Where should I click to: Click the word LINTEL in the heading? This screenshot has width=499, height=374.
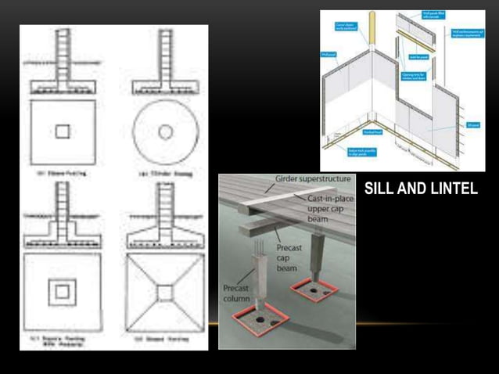[452, 189]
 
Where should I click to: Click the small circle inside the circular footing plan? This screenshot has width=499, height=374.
[165, 132]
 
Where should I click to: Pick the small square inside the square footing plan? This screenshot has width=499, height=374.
[63, 131]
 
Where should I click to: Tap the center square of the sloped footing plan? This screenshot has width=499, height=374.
[164, 292]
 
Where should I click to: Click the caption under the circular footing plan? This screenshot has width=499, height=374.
[164, 174]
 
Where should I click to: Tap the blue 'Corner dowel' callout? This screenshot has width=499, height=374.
[346, 28]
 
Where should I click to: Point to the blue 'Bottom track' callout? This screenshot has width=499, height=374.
[347, 149]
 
